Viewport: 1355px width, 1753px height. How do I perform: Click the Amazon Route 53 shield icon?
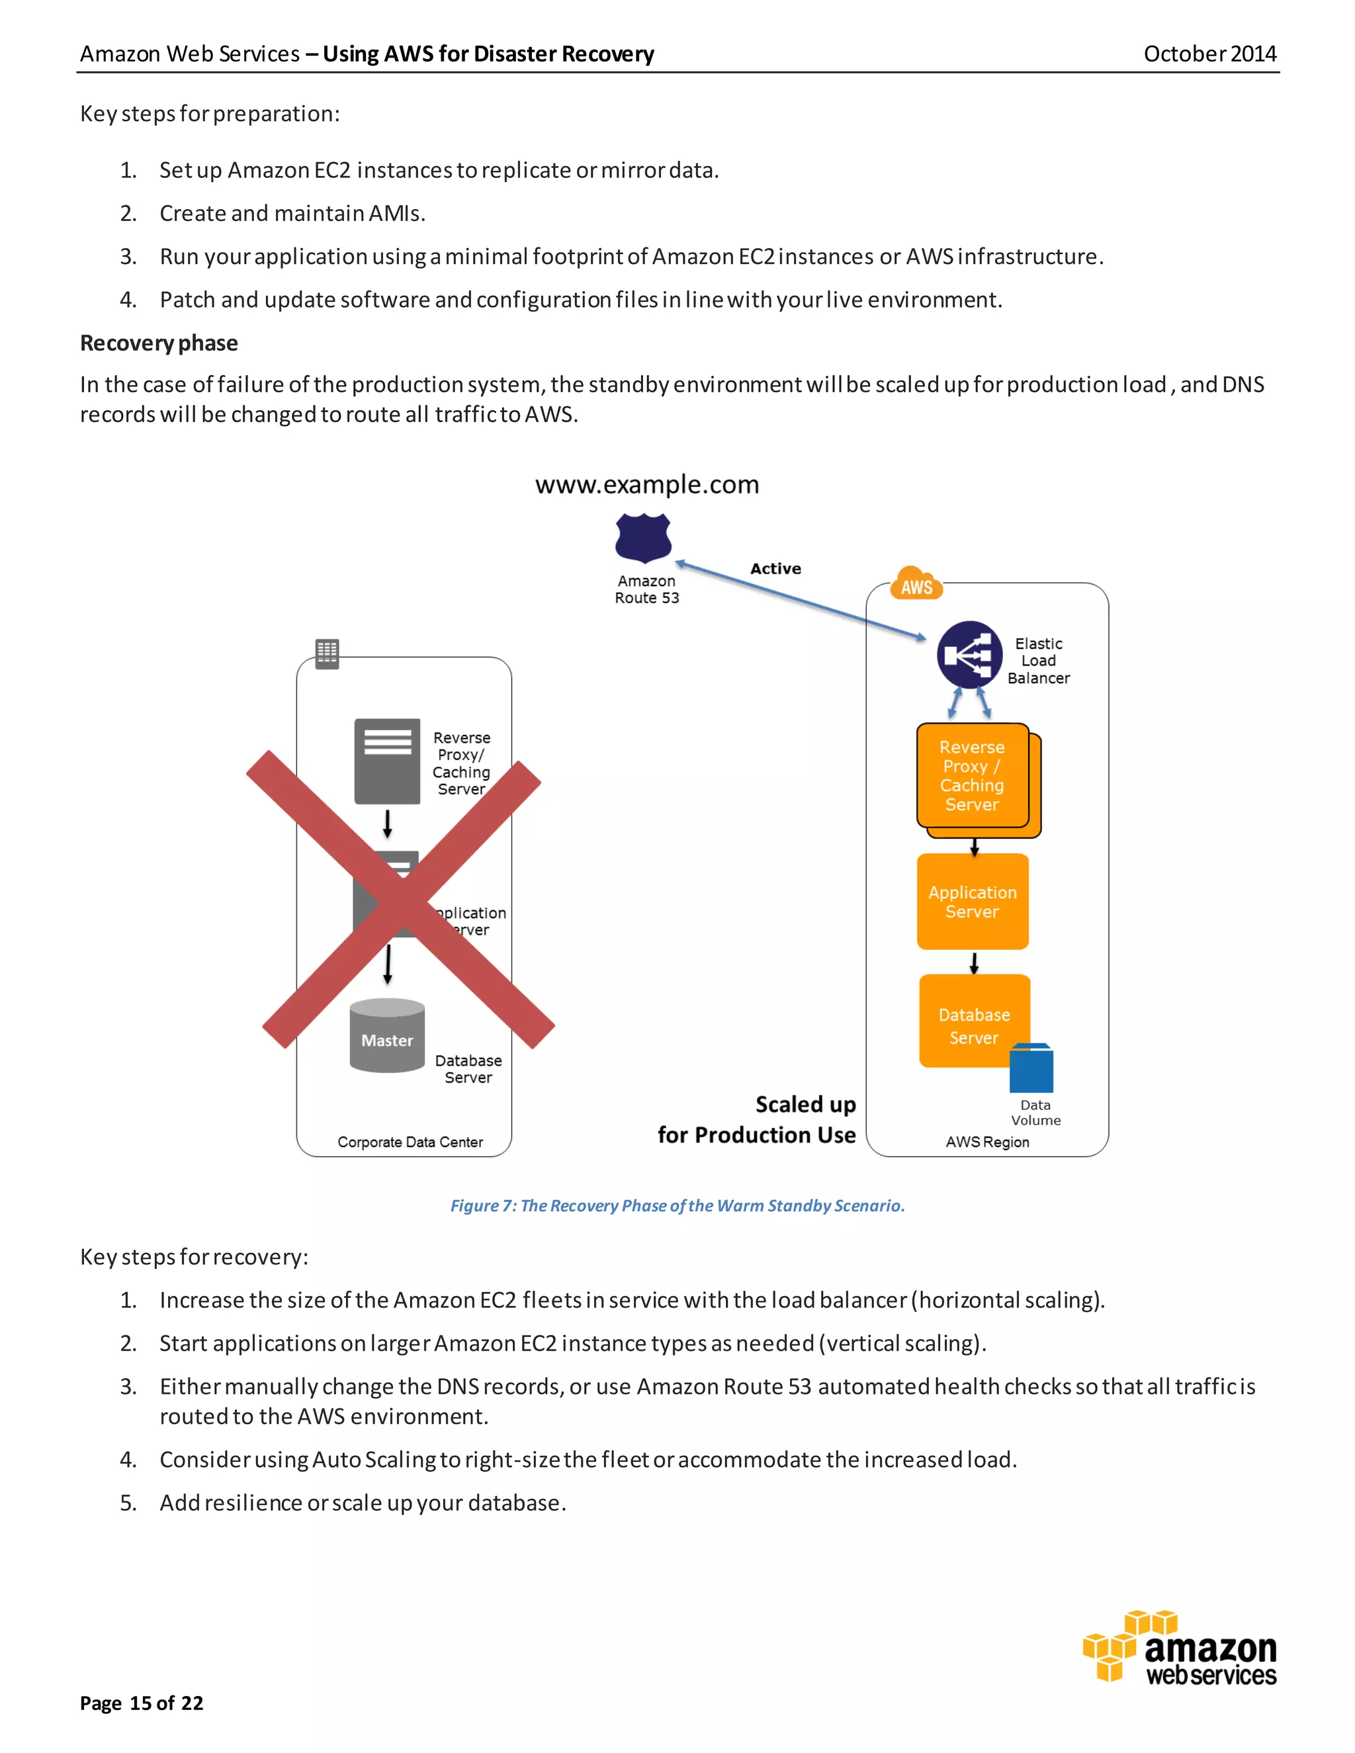(643, 538)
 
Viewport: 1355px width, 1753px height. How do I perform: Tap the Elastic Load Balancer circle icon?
(969, 654)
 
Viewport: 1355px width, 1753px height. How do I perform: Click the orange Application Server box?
(972, 902)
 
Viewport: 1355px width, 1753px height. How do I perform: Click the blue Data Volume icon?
(1031, 1068)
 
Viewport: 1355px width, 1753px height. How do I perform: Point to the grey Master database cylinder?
(387, 1035)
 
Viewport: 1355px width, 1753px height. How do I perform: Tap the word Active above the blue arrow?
(775, 568)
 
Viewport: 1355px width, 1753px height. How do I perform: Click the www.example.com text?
(647, 484)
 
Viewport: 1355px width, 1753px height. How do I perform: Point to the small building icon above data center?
(327, 654)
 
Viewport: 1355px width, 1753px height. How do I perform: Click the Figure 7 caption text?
(677, 1205)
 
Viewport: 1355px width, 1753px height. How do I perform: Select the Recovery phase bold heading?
(159, 343)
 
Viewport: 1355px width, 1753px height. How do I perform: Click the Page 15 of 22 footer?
(142, 1703)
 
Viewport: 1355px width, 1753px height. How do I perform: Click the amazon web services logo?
(1180, 1648)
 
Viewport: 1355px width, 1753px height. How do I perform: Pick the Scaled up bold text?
(805, 1105)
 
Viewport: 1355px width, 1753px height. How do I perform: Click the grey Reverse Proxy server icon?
(387, 760)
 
